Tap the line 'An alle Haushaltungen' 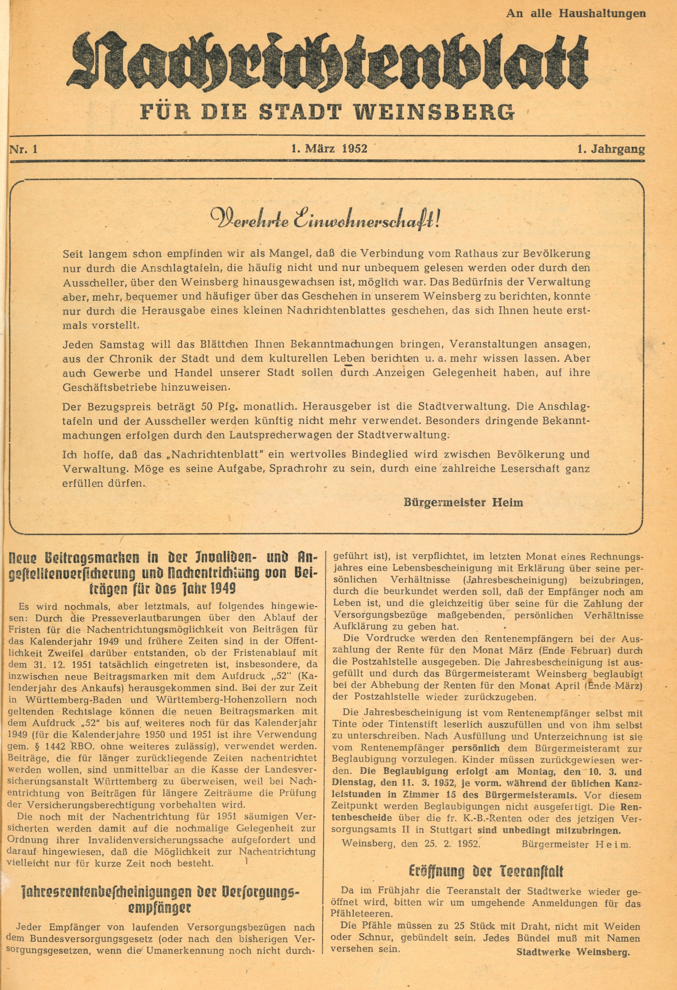(x=576, y=13)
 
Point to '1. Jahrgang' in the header (x=611, y=149)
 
